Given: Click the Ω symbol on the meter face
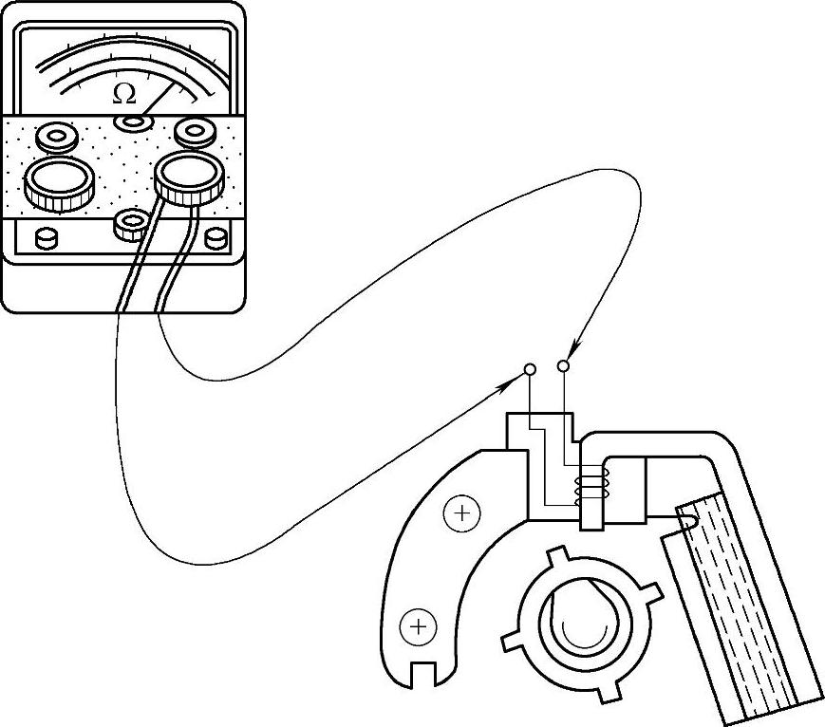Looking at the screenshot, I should [123, 93].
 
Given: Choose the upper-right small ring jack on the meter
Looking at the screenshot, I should [195, 130].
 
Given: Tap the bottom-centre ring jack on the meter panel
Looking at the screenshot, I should [129, 225].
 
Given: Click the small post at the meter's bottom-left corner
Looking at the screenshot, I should [44, 237].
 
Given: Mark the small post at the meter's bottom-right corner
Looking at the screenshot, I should [216, 237].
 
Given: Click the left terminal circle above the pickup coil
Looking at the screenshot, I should [531, 368].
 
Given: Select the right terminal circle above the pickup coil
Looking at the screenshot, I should [564, 364].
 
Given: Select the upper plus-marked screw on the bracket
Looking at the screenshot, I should [462, 513].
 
